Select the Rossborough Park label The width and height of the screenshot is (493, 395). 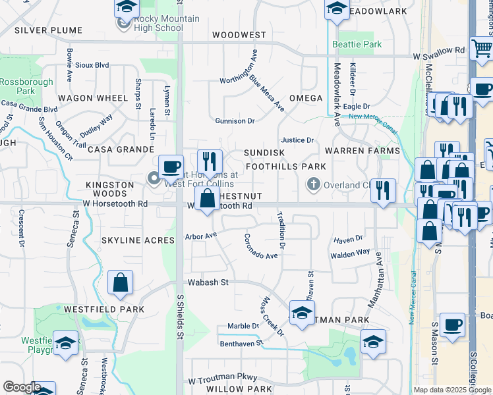[17, 86]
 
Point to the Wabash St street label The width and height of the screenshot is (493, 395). [207, 282]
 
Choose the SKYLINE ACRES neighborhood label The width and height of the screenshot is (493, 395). [138, 240]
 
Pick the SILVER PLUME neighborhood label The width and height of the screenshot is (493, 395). [48, 30]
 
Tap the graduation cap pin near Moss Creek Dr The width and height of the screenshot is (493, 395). [302, 313]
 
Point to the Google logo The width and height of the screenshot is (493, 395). [22, 387]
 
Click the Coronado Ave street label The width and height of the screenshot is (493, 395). [261, 247]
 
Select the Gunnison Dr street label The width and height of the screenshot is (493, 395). [235, 121]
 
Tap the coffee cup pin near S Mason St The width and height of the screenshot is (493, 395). [452, 325]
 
